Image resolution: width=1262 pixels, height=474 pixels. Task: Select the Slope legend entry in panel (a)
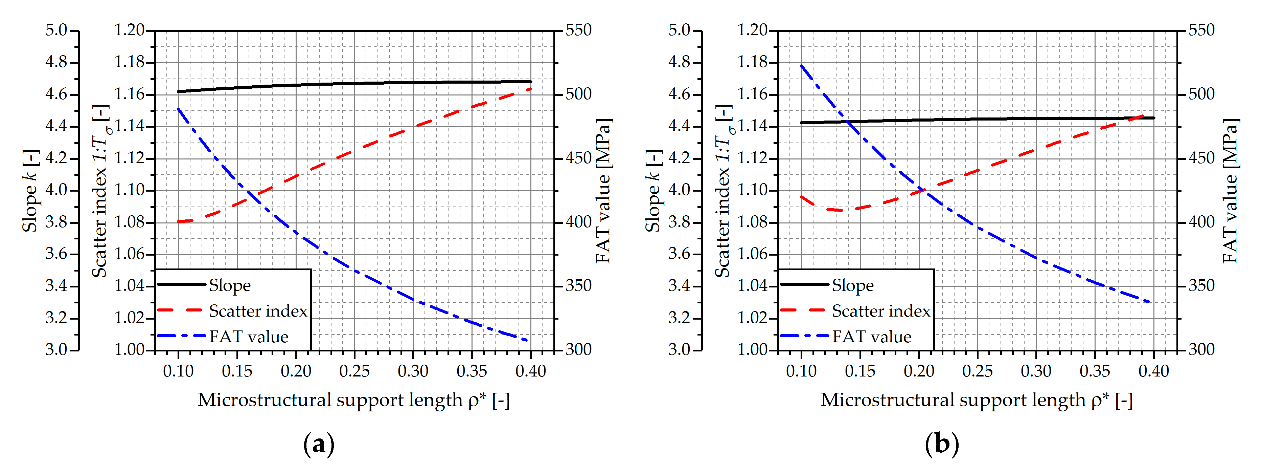pyautogui.click(x=229, y=285)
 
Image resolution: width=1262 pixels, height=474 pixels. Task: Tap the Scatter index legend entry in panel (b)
pyautogui.click(x=880, y=311)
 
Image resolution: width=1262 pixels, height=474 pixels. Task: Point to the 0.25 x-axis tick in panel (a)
pyautogui.click(x=354, y=371)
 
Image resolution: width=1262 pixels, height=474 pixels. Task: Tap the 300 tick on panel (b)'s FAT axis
pyautogui.click(x=1201, y=349)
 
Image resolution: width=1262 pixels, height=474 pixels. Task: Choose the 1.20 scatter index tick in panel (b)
pyautogui.click(x=753, y=30)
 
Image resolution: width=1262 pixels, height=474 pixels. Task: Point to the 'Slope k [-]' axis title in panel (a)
pyautogui.click(x=30, y=191)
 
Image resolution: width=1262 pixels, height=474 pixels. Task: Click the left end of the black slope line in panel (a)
pyautogui.click(x=178, y=91)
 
